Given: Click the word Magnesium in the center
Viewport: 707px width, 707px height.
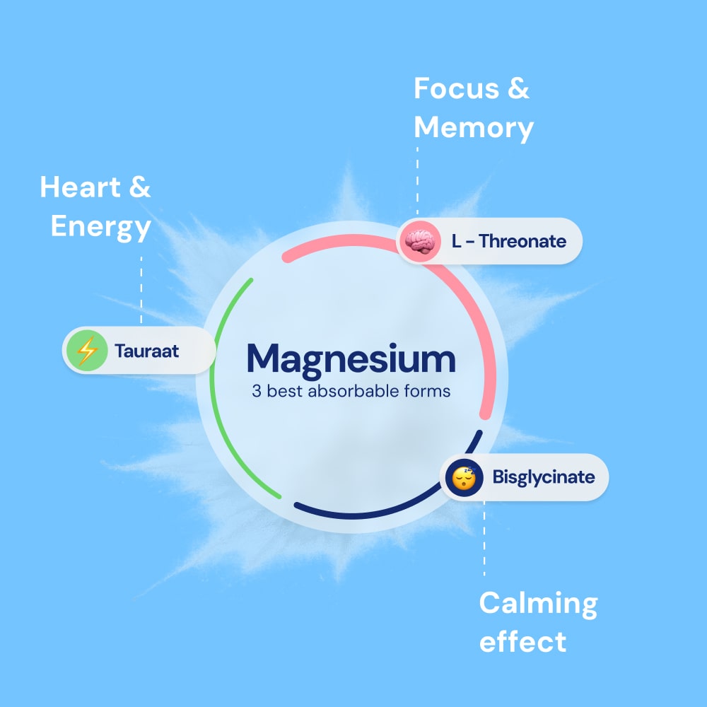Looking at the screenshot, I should click(351, 359).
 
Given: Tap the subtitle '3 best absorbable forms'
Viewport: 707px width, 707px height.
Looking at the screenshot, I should click(351, 391).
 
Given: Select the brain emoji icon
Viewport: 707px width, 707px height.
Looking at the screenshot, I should click(419, 242).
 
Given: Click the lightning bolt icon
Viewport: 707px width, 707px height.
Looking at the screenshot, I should click(86, 350).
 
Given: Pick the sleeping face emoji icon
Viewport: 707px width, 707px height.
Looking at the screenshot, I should click(464, 477).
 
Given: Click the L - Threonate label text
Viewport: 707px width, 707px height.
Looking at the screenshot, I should click(508, 242).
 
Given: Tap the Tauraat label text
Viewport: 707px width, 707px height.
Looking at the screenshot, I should click(147, 349).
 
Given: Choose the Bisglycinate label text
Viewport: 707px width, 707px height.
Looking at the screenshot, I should click(544, 477).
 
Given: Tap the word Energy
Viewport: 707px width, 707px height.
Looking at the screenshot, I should click(100, 228).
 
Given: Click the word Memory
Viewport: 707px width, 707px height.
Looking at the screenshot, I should click(473, 128).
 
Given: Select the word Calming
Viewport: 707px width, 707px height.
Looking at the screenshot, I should click(538, 604).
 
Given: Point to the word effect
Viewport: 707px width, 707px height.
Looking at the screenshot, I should click(522, 642).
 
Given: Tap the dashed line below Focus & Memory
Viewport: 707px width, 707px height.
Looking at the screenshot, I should click(417, 180).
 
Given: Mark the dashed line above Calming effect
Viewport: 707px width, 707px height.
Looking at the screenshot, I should click(484, 537).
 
